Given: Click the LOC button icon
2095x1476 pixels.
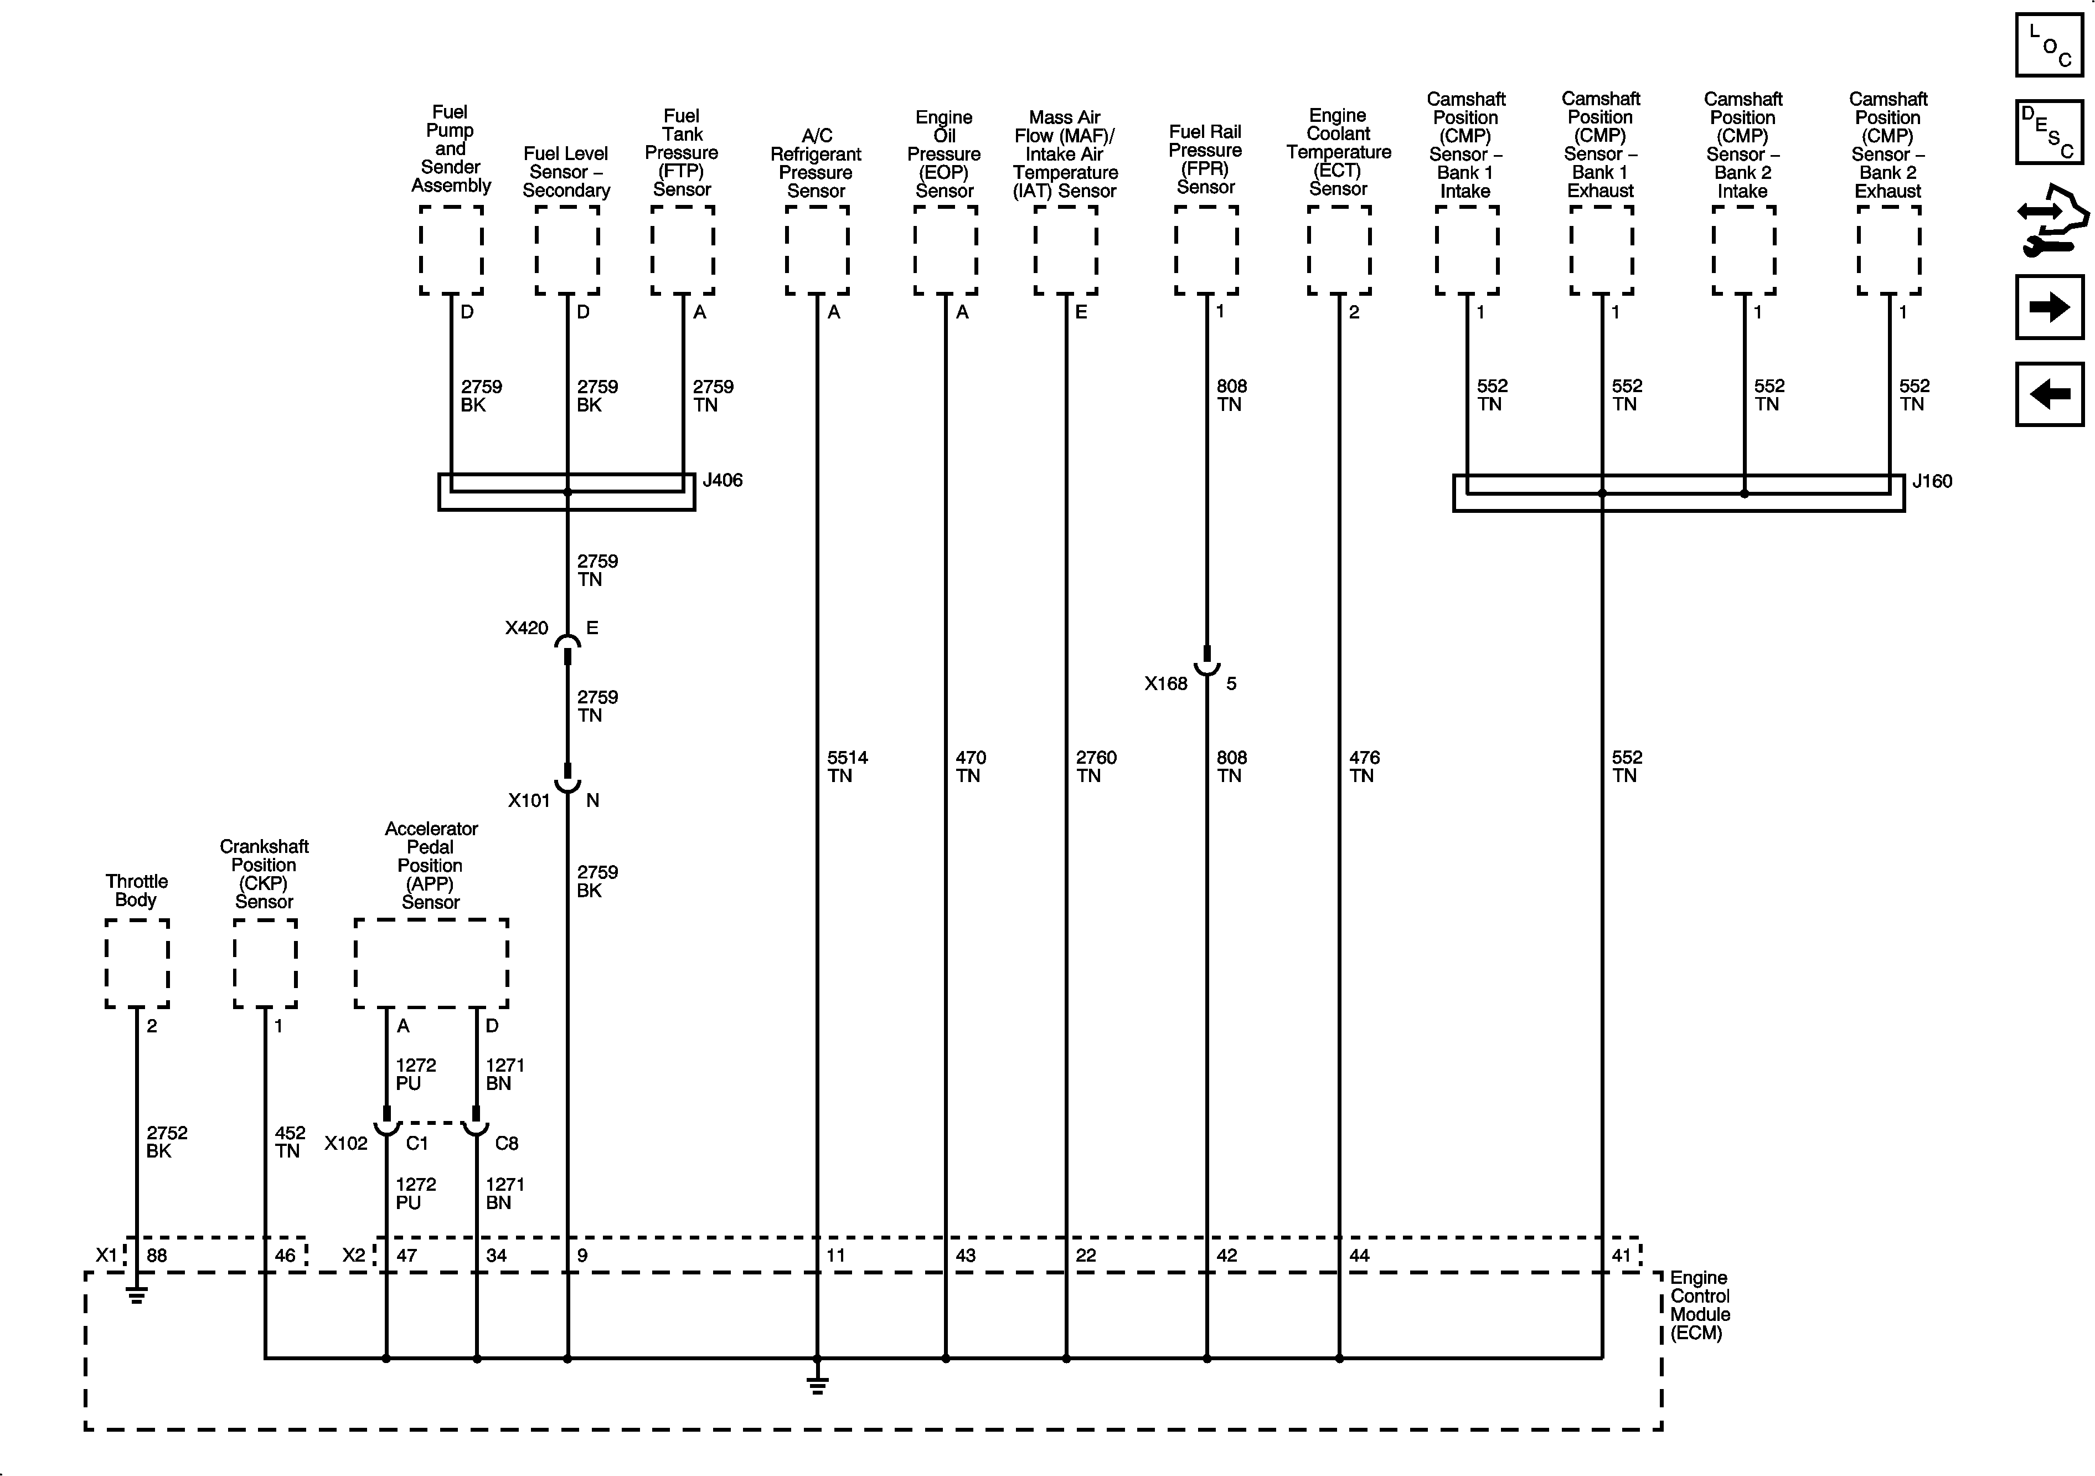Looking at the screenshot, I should tap(2048, 45).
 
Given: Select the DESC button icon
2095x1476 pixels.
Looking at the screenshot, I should tap(2048, 132).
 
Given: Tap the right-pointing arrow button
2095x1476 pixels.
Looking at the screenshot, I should tap(2048, 307).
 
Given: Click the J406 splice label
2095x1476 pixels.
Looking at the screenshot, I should tap(722, 480).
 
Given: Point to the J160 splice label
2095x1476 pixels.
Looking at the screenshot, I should tap(1932, 481).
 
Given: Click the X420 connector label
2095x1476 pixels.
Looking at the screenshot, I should tap(527, 628).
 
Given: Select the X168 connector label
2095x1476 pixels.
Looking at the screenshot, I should tap(1165, 683).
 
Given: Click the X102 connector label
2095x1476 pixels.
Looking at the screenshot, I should tap(346, 1144).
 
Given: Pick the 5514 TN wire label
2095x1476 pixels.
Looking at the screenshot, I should tap(846, 767).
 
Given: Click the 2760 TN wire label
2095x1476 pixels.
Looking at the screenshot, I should tap(1095, 767).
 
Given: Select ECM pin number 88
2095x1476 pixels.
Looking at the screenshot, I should tap(157, 1255).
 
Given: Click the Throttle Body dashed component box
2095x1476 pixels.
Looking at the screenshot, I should tap(137, 963).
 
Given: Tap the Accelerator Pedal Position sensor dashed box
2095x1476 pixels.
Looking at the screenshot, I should tap(431, 963).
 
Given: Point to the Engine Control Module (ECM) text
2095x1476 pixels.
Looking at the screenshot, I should tap(1699, 1305).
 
